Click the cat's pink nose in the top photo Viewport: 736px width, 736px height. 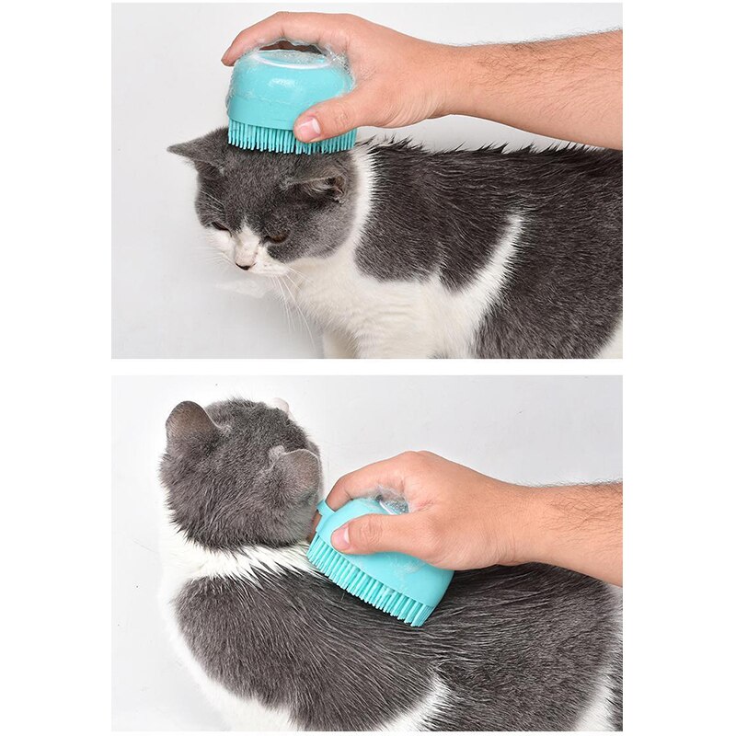[244, 265]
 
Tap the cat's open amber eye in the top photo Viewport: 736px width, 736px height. [274, 236]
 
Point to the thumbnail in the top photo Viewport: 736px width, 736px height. [307, 128]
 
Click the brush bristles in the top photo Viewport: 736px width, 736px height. [290, 139]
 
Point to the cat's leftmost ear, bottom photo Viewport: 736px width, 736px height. [189, 423]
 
